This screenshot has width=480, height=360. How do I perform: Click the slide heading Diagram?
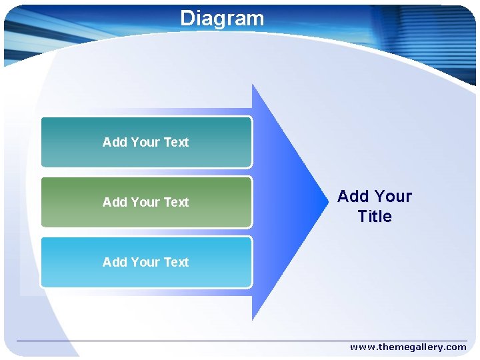coord(222,18)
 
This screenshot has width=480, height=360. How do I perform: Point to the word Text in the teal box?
coord(176,142)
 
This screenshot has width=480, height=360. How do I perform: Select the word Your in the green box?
coord(145,202)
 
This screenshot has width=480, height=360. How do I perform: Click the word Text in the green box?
coord(176,202)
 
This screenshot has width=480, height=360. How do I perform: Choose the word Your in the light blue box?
coord(145,262)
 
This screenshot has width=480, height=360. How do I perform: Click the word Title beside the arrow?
coord(375,217)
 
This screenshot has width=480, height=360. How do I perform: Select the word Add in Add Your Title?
coord(353,197)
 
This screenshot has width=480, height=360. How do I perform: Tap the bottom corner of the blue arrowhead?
coord(253,318)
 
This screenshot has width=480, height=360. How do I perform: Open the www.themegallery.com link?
coord(408,347)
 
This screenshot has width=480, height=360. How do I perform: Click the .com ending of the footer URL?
coord(455,347)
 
